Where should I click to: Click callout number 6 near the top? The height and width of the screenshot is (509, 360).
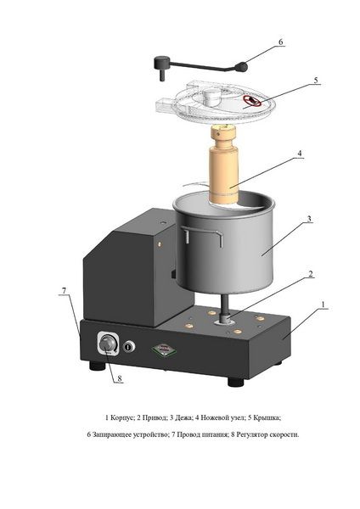281,42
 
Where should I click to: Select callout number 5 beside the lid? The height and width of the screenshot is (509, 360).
316,80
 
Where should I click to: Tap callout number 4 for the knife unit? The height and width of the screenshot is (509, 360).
300,153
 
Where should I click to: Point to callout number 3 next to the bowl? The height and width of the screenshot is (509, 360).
309,219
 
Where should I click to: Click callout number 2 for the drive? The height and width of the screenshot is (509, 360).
311,274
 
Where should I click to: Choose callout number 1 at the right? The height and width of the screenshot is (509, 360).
323,305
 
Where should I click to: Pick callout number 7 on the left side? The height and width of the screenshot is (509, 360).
64,290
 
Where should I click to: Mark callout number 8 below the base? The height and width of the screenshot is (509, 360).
120,378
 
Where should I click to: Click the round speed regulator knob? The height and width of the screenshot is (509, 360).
107,344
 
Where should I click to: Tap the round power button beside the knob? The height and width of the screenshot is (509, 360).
129,347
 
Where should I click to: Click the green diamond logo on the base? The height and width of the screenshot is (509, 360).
164,350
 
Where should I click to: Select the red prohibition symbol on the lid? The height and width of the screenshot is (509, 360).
252,101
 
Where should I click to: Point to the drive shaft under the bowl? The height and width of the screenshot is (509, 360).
225,307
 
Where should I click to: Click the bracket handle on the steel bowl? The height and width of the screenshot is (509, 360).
202,236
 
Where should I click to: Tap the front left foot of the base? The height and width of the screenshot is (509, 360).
97,366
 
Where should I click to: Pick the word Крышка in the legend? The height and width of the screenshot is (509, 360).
267,417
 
